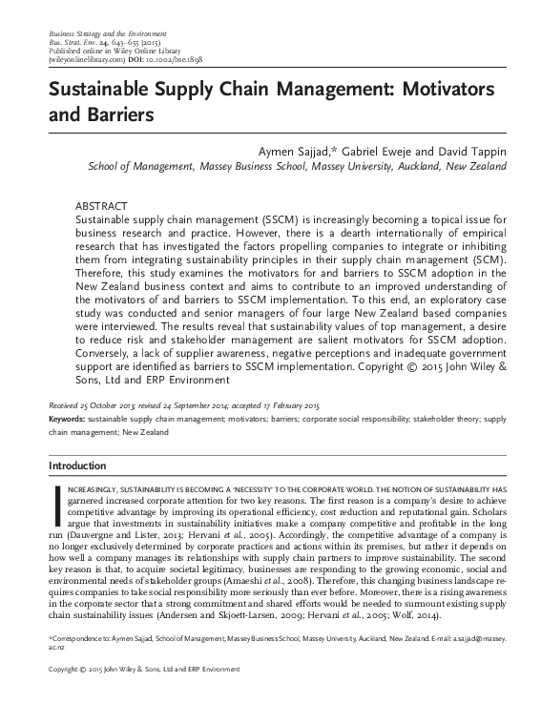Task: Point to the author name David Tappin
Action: pyautogui.click(x=457, y=152)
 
